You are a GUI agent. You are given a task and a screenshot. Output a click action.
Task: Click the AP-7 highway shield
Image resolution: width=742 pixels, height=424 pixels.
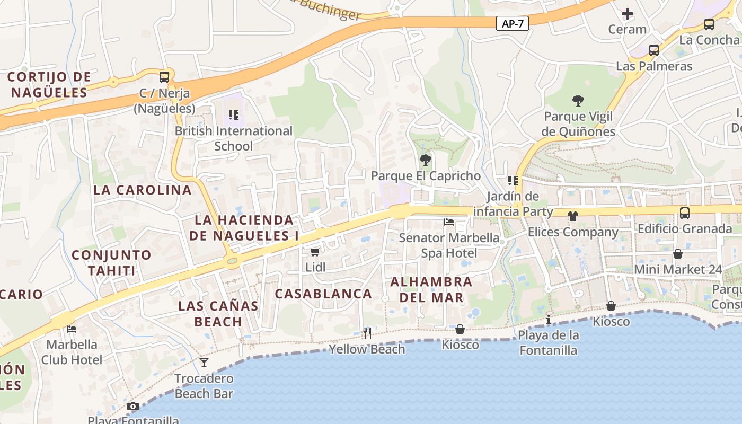[x=513, y=23]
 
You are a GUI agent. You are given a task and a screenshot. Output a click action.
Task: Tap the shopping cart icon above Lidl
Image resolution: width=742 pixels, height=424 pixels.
[x=315, y=252]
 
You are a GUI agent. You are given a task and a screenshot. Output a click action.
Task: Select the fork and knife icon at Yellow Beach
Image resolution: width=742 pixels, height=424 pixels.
[x=367, y=333]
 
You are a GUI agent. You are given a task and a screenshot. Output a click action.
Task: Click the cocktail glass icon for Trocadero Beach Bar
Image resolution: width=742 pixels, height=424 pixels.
[x=204, y=363]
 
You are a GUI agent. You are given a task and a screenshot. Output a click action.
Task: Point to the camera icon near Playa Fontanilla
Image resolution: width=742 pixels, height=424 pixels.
[x=133, y=407]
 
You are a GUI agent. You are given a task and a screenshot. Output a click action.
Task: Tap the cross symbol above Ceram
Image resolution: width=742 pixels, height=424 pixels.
[x=628, y=13]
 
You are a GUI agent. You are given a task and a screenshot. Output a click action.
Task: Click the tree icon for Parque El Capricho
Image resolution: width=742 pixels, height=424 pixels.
[x=425, y=160]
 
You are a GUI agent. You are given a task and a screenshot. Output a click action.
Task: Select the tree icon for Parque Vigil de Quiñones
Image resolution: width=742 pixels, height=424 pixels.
[x=578, y=100]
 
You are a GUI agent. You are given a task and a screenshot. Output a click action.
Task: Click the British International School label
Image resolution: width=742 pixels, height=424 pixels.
[x=234, y=138]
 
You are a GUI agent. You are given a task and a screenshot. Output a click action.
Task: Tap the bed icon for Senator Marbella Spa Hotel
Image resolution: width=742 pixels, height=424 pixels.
[x=449, y=222]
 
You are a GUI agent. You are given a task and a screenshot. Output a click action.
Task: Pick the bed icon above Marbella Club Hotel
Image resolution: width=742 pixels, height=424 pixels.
[x=72, y=329]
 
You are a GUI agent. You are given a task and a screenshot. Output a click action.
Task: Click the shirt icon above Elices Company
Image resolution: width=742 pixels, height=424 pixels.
[x=572, y=216]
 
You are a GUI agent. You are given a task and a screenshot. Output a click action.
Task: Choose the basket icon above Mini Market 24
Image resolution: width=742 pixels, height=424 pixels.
[x=677, y=254]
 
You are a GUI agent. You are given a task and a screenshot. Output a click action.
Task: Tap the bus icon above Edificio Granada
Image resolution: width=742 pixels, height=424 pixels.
[x=685, y=213]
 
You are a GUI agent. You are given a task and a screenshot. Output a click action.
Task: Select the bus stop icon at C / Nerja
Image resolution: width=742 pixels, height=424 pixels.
[x=164, y=77]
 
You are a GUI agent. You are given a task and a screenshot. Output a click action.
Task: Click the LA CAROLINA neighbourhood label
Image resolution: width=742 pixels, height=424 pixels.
[x=143, y=190]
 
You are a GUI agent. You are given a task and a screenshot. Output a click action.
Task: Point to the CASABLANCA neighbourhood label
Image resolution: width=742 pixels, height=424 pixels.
[x=323, y=294]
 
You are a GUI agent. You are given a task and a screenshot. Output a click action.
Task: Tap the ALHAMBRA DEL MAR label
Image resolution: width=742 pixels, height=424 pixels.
[x=431, y=289]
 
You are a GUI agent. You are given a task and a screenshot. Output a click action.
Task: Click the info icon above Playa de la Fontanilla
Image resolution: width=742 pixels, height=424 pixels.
[x=549, y=320]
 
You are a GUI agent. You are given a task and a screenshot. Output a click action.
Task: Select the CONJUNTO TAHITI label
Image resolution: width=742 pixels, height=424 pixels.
[x=112, y=263]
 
